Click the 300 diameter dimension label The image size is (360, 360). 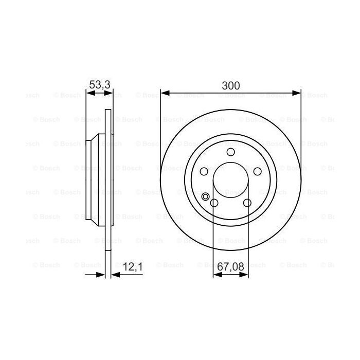click(x=230, y=85)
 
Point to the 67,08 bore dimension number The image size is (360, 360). click(x=231, y=267)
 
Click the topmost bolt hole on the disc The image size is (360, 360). click(x=230, y=152)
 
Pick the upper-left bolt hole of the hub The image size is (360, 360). click(x=204, y=171)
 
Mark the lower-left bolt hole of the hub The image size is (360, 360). click(x=214, y=203)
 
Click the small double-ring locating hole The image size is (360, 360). click(x=206, y=195)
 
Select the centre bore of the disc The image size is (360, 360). click(x=230, y=180)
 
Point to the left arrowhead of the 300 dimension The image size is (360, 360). click(x=165, y=93)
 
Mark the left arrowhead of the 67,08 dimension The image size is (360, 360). click(x=216, y=275)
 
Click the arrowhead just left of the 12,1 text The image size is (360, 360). click(x=115, y=275)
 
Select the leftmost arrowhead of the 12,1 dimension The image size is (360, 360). click(x=101, y=275)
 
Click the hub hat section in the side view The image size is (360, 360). click(x=96, y=180)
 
